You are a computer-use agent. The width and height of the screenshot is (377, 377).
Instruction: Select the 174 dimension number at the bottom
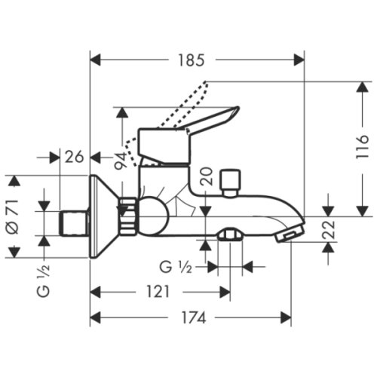(x=192, y=318)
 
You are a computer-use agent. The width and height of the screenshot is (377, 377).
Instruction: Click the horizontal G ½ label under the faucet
(x=175, y=266)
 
